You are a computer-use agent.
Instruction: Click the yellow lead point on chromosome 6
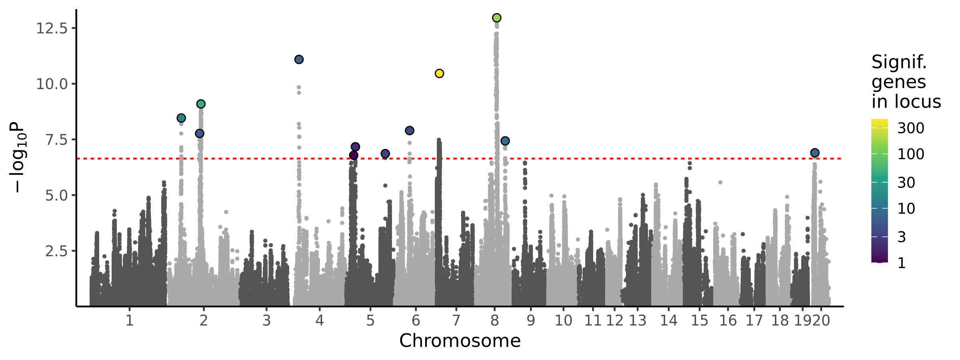point(439,73)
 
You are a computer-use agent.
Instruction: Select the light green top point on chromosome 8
point(497,18)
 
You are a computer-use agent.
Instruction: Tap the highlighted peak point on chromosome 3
point(299,59)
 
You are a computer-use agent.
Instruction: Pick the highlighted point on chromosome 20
point(815,153)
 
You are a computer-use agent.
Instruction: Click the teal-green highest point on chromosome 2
point(201,104)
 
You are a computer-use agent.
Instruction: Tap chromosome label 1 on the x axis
point(129,320)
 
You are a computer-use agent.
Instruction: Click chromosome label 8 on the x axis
point(495,320)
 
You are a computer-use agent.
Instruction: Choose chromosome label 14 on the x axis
point(668,320)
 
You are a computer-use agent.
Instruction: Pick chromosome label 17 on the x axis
point(754,320)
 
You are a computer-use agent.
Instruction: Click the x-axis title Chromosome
point(460,341)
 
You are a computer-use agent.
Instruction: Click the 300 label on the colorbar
point(911,128)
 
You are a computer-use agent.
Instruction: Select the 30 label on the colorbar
point(906,182)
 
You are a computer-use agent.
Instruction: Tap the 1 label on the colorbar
point(902,263)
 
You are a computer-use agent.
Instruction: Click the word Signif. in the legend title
point(899,62)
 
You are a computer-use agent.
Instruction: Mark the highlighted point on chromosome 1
point(181,118)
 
